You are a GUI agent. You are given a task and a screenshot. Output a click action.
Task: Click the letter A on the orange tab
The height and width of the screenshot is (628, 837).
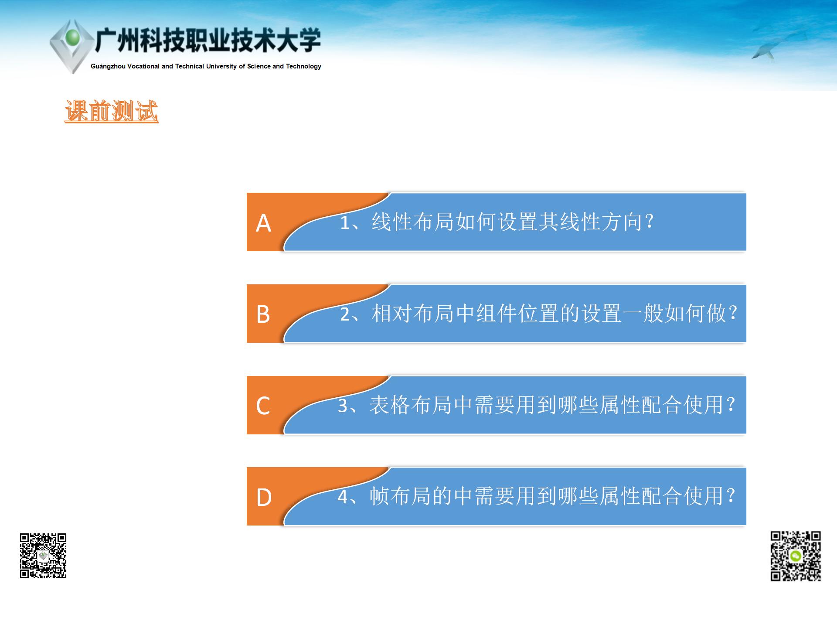pos(263,223)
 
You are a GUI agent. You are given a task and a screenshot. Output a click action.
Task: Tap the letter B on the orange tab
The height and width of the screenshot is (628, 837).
pos(263,314)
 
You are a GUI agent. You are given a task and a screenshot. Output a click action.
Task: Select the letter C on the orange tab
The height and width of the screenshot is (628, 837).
pos(263,406)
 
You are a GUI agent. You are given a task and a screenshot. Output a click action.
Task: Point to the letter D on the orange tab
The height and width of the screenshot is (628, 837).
pos(264,497)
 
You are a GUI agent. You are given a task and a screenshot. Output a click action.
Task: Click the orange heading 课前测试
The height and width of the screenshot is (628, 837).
pos(111,111)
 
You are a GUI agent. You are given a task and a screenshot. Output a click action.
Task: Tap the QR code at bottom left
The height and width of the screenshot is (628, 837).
pos(43,556)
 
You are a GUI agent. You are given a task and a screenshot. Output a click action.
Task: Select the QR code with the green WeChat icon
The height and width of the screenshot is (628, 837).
pos(796,556)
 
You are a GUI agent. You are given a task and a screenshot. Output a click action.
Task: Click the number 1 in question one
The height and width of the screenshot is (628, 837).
pos(345,223)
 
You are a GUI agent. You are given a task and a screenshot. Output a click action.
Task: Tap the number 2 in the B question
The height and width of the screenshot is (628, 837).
pos(345,314)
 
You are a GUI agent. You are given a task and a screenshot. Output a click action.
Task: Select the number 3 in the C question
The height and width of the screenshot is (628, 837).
pos(343,406)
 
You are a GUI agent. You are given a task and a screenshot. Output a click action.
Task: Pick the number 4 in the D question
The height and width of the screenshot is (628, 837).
pos(343,497)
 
